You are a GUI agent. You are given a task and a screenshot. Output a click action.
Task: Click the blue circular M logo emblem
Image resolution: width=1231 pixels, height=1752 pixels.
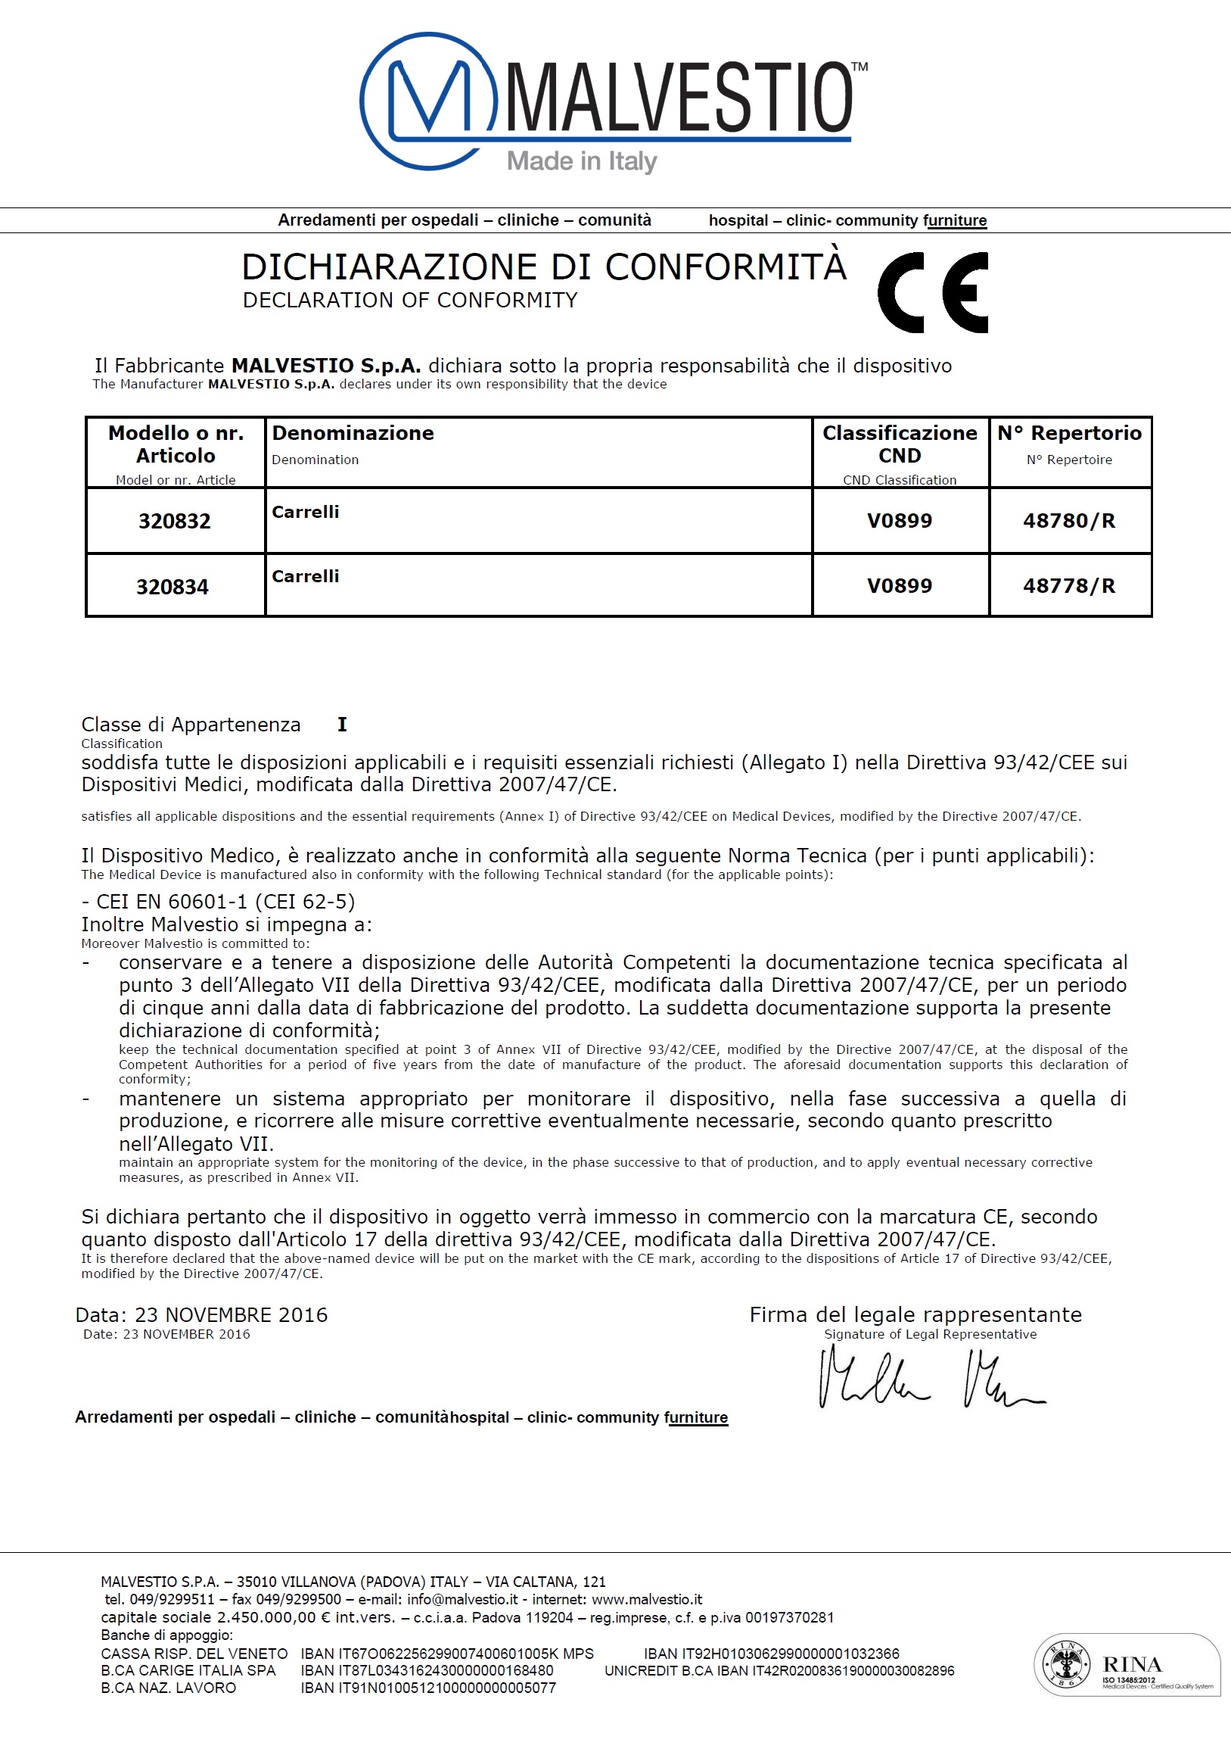tap(429, 101)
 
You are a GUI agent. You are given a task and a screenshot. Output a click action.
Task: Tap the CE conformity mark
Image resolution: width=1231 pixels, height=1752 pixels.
tap(933, 292)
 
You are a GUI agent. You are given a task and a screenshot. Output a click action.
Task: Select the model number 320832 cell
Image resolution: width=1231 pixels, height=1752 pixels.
tap(175, 521)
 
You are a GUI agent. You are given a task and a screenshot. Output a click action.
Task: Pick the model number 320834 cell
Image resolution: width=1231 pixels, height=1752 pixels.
tap(173, 587)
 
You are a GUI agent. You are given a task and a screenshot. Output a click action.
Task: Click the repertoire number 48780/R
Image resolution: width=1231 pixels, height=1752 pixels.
tap(1068, 521)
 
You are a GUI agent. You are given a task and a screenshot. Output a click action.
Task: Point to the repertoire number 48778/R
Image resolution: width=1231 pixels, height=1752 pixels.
tap(1068, 586)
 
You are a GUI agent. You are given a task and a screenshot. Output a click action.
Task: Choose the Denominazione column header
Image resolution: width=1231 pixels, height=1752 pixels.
tap(353, 433)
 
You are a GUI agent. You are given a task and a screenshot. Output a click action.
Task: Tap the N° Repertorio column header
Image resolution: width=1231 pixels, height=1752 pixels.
tap(1069, 433)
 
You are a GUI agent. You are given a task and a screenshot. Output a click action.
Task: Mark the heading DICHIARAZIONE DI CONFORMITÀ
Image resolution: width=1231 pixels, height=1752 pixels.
tap(544, 267)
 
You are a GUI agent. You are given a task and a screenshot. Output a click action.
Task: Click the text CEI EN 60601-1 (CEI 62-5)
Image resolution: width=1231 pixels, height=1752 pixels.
tap(218, 901)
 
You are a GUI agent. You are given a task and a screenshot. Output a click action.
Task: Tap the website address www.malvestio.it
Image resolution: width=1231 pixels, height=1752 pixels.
tap(647, 1599)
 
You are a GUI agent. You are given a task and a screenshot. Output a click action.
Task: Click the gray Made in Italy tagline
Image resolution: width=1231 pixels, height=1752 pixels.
tap(582, 161)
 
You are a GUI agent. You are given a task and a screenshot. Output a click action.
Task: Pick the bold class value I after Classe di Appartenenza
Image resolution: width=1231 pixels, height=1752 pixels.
tap(343, 724)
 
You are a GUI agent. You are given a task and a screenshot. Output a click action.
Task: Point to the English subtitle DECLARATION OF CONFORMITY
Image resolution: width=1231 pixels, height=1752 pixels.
tap(409, 301)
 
